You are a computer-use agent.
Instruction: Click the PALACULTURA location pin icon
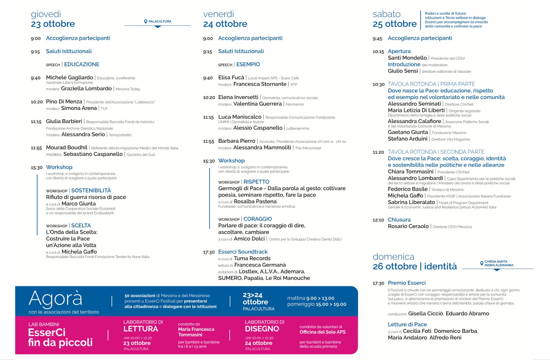tap(146, 21)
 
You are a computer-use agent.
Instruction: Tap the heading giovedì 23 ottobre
tap(53, 19)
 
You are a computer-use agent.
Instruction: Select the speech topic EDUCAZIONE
tap(81, 64)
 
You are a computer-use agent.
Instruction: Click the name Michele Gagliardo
tap(69, 77)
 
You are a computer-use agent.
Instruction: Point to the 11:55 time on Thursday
tap(36, 148)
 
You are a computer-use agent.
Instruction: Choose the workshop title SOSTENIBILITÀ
tap(91, 190)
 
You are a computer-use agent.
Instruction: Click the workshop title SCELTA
tap(81, 226)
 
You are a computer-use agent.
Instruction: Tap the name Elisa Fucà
tap(231, 77)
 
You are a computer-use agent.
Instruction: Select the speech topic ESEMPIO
tap(248, 64)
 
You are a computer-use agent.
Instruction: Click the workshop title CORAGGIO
tap(257, 219)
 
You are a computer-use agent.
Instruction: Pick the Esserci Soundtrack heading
tap(243, 252)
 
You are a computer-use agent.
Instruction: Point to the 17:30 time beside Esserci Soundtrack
tap(209, 252)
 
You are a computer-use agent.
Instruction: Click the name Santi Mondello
tap(407, 58)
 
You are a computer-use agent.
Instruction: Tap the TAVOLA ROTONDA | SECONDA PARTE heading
tap(436, 152)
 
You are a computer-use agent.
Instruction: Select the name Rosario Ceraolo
tap(408, 226)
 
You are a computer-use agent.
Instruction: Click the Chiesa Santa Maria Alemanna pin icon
tap(482, 263)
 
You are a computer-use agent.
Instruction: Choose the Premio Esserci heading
tap(407, 283)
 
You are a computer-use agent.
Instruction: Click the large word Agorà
tap(56, 298)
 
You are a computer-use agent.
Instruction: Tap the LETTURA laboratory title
tap(140, 329)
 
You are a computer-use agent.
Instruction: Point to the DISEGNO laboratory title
tap(262, 329)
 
